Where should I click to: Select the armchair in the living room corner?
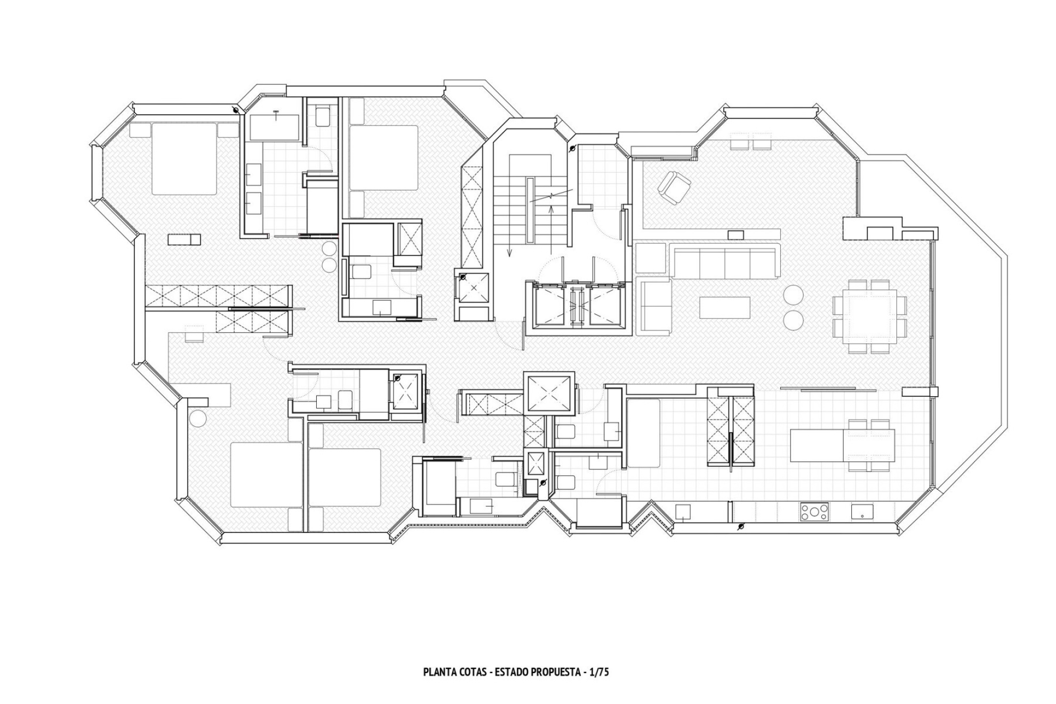[x=673, y=187]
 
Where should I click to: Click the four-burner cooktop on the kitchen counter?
[x=814, y=513]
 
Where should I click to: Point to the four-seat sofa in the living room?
[x=724, y=261]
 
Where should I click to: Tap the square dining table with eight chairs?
[x=869, y=316]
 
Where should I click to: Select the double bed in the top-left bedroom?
[x=185, y=158]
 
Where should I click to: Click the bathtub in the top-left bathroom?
[x=275, y=126]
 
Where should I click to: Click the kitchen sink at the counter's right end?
[x=862, y=513]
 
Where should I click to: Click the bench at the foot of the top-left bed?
[x=185, y=239]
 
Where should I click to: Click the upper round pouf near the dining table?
[x=794, y=294]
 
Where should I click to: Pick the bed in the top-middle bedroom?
[x=383, y=158]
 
